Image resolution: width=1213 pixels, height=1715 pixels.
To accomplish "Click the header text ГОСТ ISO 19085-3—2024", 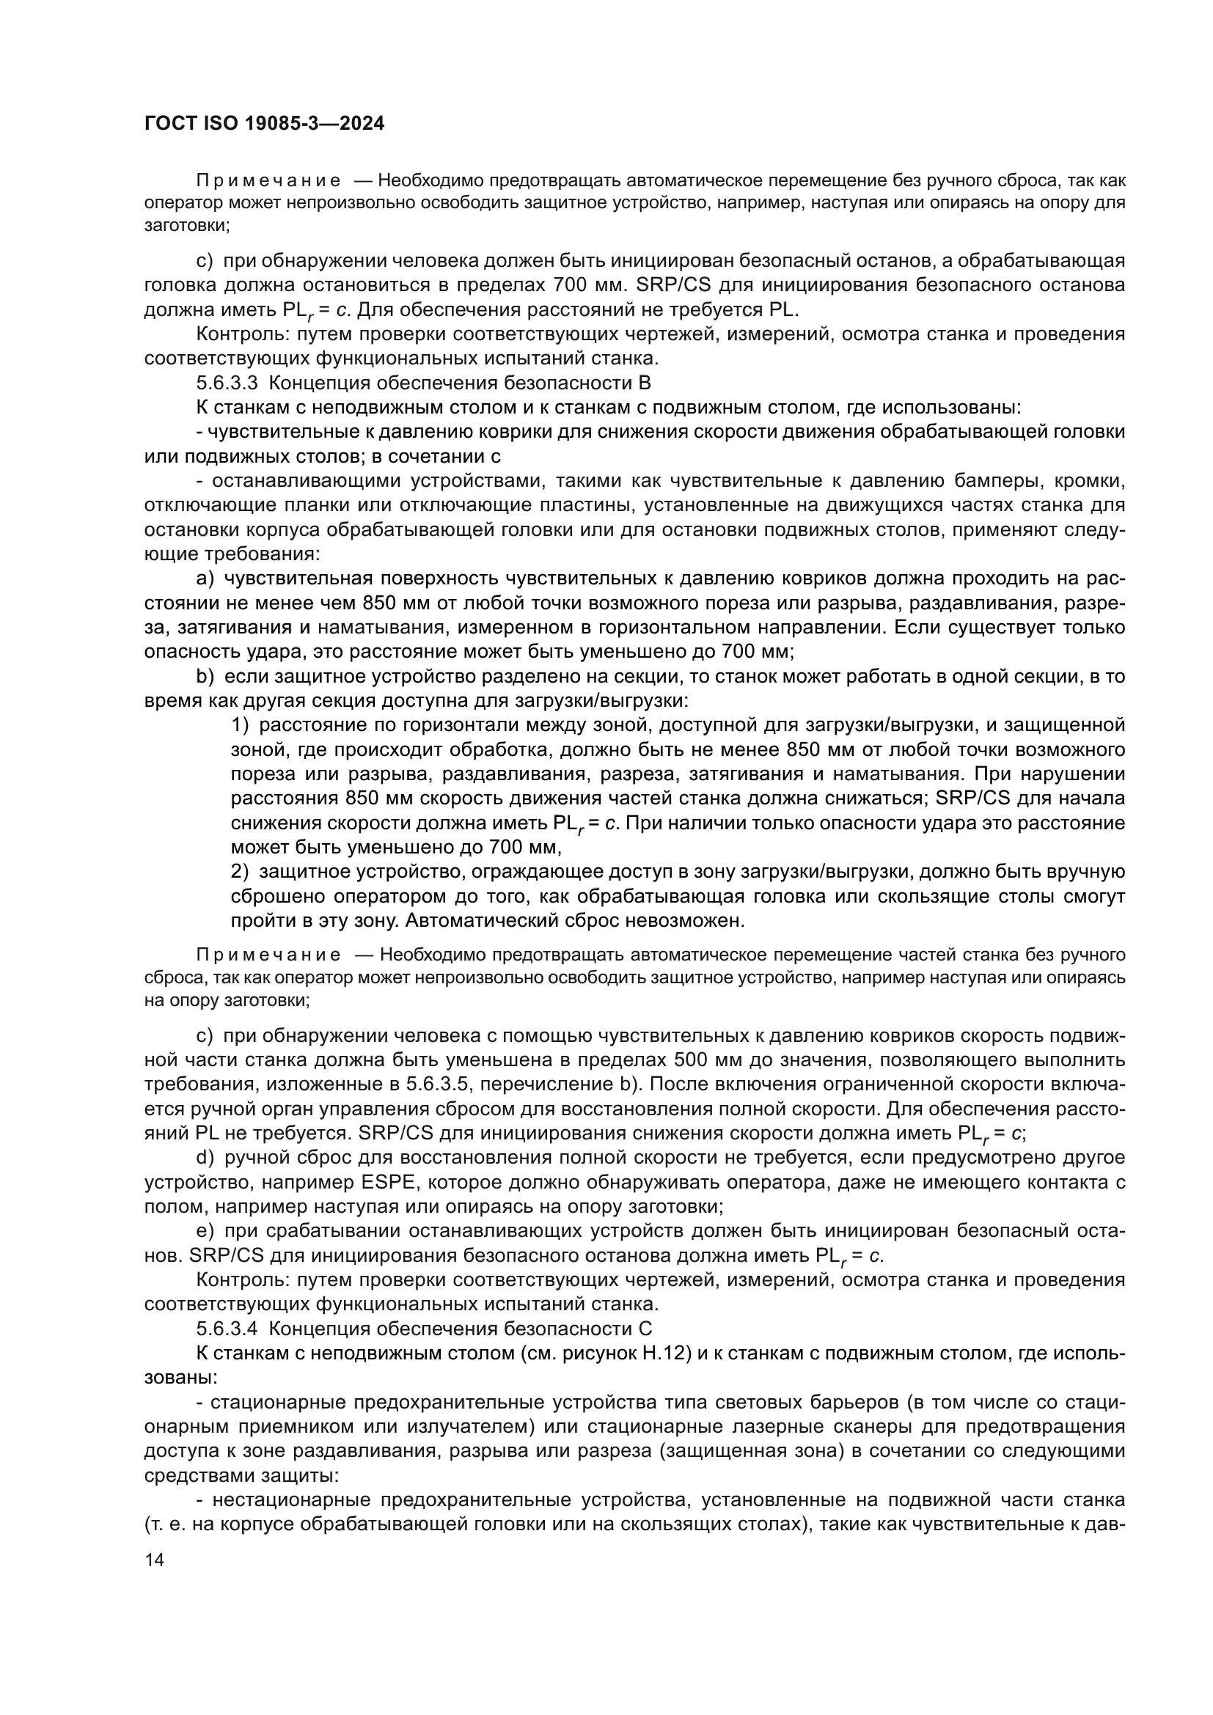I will click(265, 124).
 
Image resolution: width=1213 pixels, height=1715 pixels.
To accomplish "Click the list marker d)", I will click(205, 1158).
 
